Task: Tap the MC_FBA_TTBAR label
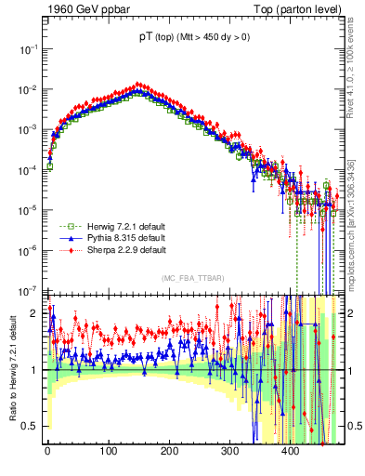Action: (x=192, y=279)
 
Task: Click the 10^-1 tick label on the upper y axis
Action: (x=28, y=48)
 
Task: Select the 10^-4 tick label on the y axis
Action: (x=28, y=169)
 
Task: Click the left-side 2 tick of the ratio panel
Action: (x=35, y=313)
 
